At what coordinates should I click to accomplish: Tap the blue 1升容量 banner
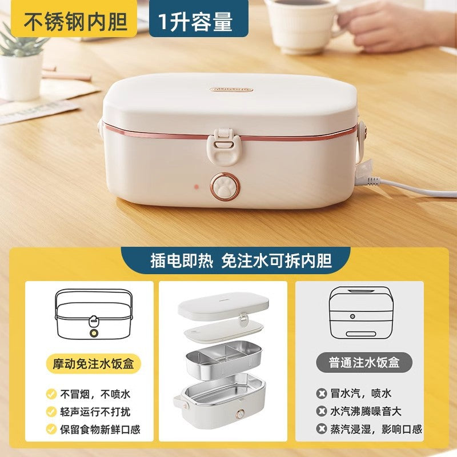(199, 18)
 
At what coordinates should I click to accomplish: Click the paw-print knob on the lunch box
(225, 187)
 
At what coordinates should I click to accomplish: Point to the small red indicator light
(197, 186)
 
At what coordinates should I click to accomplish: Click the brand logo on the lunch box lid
(231, 89)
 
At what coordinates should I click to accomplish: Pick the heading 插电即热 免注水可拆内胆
(241, 260)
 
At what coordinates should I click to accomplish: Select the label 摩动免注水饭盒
(93, 363)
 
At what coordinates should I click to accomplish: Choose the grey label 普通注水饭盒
(364, 363)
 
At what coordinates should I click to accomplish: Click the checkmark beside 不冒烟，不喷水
(51, 394)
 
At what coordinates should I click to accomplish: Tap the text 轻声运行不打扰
(95, 412)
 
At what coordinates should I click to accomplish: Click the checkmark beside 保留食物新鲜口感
(51, 429)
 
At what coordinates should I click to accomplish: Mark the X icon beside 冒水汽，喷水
(322, 394)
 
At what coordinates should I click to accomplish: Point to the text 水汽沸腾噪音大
(366, 411)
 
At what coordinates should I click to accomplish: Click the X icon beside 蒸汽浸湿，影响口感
(322, 429)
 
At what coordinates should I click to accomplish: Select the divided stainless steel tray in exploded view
(223, 360)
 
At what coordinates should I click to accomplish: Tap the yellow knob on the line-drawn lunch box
(94, 333)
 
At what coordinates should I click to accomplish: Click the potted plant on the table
(21, 64)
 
